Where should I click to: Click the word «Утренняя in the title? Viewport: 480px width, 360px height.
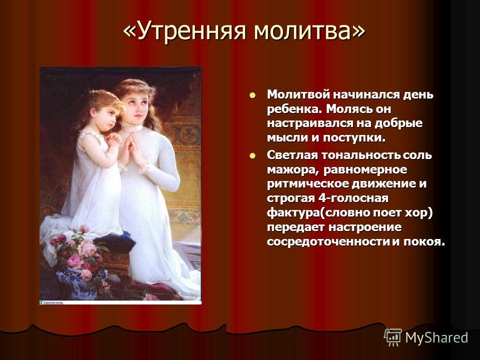click(x=184, y=30)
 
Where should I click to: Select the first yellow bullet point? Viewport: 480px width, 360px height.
click(x=252, y=95)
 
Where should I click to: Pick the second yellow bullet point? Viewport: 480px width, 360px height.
click(x=252, y=156)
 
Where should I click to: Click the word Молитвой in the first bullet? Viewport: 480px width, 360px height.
click(x=298, y=94)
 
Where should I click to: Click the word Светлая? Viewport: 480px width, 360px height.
click(x=292, y=155)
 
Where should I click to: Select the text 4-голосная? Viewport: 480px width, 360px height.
click(x=353, y=198)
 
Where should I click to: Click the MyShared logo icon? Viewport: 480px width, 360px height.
click(x=393, y=337)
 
